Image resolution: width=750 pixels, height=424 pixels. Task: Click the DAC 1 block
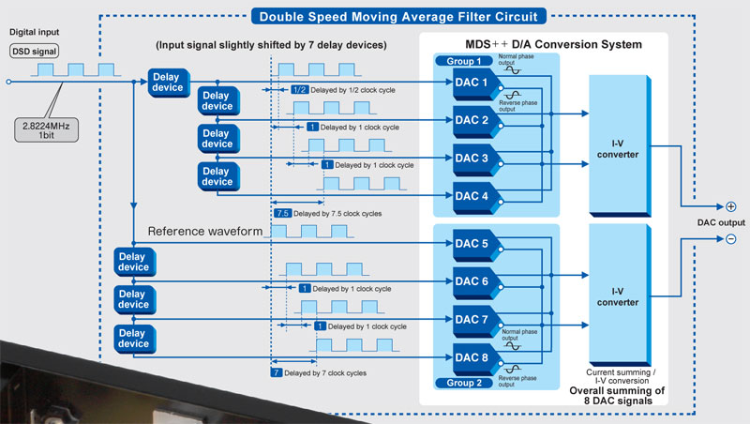[x=472, y=83]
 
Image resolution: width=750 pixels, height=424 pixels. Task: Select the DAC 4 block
[x=472, y=196]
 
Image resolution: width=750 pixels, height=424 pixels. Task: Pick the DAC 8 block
[x=472, y=357]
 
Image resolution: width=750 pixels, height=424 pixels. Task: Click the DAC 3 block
[x=472, y=159]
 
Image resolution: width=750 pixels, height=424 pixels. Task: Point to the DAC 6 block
[x=472, y=281]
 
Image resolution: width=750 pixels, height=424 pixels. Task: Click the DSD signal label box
[x=34, y=52]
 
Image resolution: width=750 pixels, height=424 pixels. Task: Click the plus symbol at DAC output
[x=730, y=205]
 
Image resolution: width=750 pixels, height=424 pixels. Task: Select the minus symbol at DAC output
[x=730, y=239]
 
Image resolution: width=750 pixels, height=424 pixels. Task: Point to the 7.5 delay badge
[x=282, y=214]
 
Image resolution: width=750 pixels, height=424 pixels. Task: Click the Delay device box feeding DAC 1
[x=169, y=83]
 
